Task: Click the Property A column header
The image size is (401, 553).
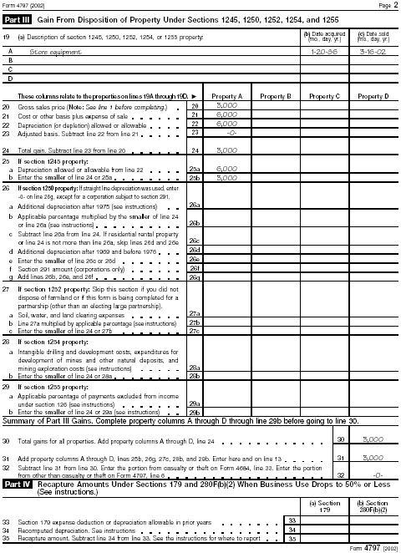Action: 227,96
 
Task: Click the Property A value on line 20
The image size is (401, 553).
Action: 226,106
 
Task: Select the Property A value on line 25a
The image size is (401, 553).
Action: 226,167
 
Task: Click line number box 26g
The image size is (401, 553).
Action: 195,276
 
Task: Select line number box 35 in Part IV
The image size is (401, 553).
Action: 292,539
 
